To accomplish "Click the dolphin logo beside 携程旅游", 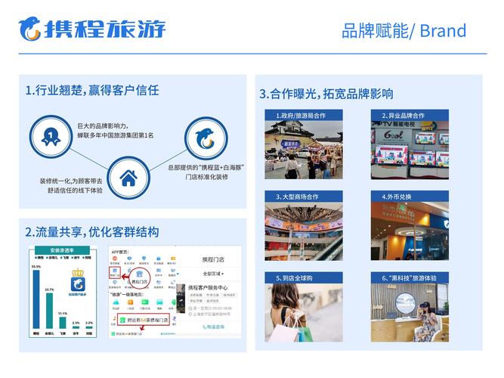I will (x=29, y=29).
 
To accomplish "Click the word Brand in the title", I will (x=443, y=31).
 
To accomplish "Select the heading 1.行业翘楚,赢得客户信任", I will (x=91, y=90).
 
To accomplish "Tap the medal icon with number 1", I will (x=50, y=135).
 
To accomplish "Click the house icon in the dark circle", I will (x=128, y=178).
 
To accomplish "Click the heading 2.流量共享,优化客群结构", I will (x=91, y=231).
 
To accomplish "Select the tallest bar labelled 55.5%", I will (x=36, y=299).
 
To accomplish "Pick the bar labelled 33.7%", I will (x=50, y=311).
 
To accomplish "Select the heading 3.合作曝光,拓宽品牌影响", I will (x=326, y=94).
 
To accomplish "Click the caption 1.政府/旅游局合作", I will (x=301, y=116).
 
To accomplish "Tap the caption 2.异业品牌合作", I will (x=407, y=116).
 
